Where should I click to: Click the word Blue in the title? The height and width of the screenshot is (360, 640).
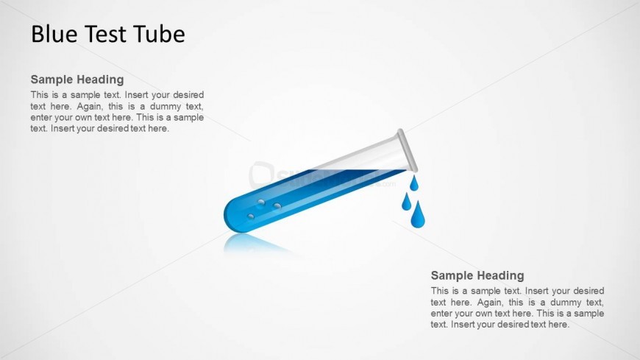point(54,34)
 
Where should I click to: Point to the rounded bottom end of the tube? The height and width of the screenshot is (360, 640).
point(231,215)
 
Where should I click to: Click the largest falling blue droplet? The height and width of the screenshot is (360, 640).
point(418,214)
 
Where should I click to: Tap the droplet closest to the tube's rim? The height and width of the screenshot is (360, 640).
point(414,183)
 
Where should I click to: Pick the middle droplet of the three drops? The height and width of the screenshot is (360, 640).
point(406,202)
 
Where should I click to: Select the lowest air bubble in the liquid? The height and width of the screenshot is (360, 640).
point(251,216)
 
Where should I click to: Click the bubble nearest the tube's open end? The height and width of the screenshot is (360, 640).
point(277,205)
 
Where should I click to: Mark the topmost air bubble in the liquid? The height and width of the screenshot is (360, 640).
point(261,202)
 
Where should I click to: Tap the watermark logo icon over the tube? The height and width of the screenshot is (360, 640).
point(261,175)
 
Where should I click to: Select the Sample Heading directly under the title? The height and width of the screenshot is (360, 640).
point(77,80)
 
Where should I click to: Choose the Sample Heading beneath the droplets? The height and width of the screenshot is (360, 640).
point(477,275)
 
